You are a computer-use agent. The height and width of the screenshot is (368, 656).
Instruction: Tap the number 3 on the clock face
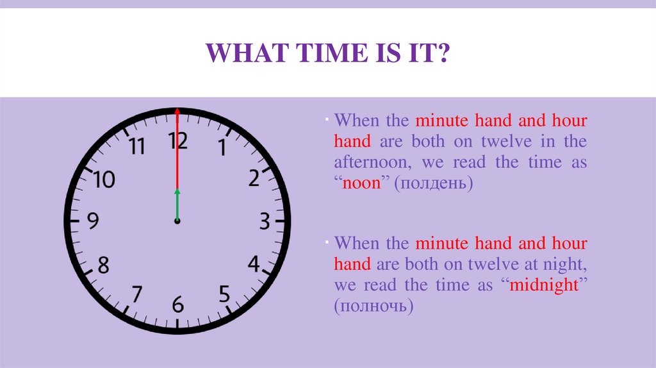click(264, 222)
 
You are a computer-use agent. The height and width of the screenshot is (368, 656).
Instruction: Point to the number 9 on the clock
click(94, 222)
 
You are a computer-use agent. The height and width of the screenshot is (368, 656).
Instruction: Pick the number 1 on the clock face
click(222, 149)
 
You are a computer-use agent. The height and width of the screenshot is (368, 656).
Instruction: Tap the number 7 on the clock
click(136, 294)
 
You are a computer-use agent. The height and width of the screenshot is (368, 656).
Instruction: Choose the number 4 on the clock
click(254, 263)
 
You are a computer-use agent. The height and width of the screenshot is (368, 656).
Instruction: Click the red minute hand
click(177, 147)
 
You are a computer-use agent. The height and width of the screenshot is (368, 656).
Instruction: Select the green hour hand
click(177, 205)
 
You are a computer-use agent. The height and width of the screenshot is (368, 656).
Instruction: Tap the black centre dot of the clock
click(177, 221)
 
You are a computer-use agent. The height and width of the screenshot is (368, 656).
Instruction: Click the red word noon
click(362, 183)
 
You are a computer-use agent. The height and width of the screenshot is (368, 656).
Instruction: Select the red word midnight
click(543, 285)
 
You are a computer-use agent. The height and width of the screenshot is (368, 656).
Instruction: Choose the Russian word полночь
click(373, 306)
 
